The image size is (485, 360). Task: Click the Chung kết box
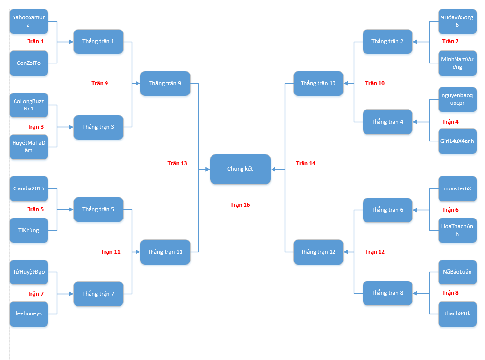(x=240, y=169)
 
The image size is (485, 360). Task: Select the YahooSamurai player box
(x=29, y=21)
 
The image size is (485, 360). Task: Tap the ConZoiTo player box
(x=29, y=63)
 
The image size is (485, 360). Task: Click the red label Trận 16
(x=240, y=205)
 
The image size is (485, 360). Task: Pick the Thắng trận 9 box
(x=165, y=83)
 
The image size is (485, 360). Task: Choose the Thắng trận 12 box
(x=318, y=252)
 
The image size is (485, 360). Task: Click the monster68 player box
(x=457, y=188)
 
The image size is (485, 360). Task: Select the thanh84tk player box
(x=457, y=313)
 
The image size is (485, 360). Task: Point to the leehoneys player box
(x=29, y=313)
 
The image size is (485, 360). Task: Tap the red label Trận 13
(x=177, y=163)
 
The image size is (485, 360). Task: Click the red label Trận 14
(x=305, y=163)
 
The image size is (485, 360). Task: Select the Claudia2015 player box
(x=29, y=188)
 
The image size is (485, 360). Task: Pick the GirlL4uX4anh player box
(x=457, y=141)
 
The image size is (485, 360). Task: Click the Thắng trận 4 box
(x=387, y=122)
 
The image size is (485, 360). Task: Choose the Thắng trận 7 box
(x=98, y=294)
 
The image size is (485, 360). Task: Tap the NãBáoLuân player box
(x=457, y=272)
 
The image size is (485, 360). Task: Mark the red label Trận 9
(x=100, y=83)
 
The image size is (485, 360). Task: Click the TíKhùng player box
(x=29, y=230)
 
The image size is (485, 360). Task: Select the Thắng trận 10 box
(x=318, y=83)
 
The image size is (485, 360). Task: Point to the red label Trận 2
(x=450, y=41)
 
